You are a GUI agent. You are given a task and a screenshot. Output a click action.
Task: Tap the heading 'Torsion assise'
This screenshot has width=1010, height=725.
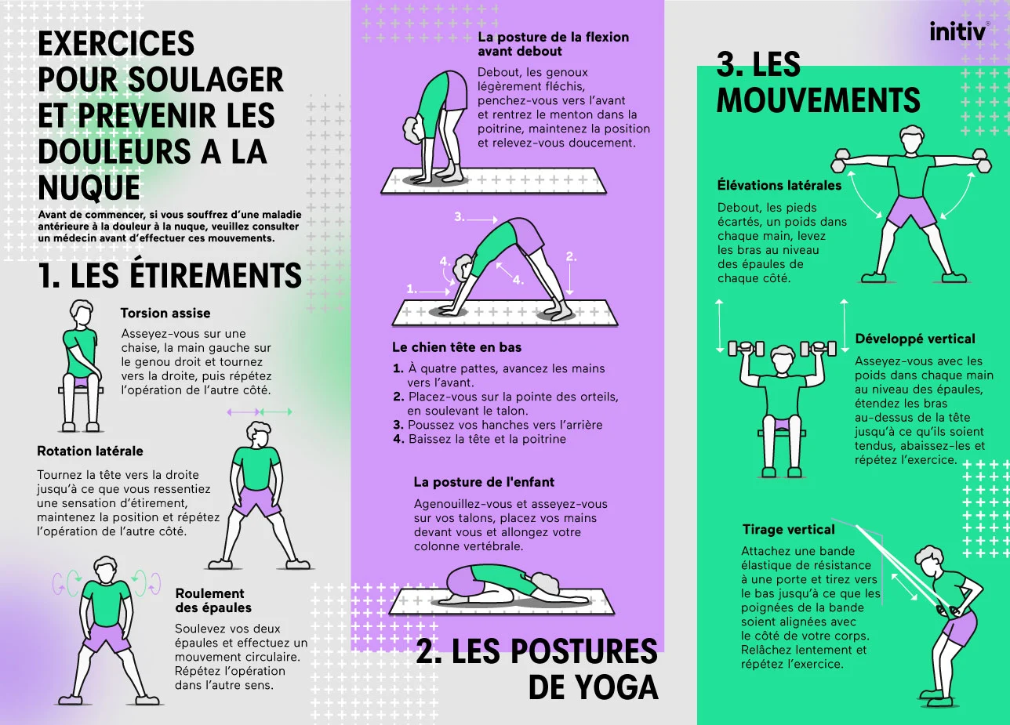(x=165, y=314)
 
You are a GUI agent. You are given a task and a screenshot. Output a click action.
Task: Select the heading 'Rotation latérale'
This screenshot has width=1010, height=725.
(x=89, y=451)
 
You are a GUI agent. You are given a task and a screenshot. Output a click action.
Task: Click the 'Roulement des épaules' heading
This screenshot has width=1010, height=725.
(x=213, y=600)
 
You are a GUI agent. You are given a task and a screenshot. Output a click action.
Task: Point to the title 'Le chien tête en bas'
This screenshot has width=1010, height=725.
(x=456, y=347)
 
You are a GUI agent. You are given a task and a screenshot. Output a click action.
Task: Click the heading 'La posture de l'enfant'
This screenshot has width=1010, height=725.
(x=484, y=482)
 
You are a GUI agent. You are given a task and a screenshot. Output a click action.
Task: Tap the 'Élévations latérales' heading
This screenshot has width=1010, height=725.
(x=779, y=185)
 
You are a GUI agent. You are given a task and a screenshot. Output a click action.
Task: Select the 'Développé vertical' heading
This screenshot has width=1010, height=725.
(x=915, y=339)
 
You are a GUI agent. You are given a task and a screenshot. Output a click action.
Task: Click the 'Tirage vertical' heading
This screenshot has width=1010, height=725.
(x=789, y=529)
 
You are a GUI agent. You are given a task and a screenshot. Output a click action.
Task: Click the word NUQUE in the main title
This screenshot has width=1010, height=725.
(x=89, y=187)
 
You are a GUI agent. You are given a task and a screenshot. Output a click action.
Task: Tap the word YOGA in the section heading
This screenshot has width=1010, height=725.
(x=593, y=687)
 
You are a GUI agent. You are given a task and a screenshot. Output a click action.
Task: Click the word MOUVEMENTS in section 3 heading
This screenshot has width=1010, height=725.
(x=818, y=100)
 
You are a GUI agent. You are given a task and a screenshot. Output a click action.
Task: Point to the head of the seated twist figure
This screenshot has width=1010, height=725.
(x=82, y=312)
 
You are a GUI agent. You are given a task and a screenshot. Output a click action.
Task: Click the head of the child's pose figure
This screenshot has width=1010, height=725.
(x=546, y=582)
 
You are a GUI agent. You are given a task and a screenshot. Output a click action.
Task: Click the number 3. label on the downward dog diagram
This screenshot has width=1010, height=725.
(x=459, y=217)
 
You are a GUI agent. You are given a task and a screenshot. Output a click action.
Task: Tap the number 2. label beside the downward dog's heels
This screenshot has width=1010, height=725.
(x=571, y=256)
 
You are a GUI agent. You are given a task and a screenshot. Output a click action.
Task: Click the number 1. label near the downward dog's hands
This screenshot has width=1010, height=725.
(x=411, y=289)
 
